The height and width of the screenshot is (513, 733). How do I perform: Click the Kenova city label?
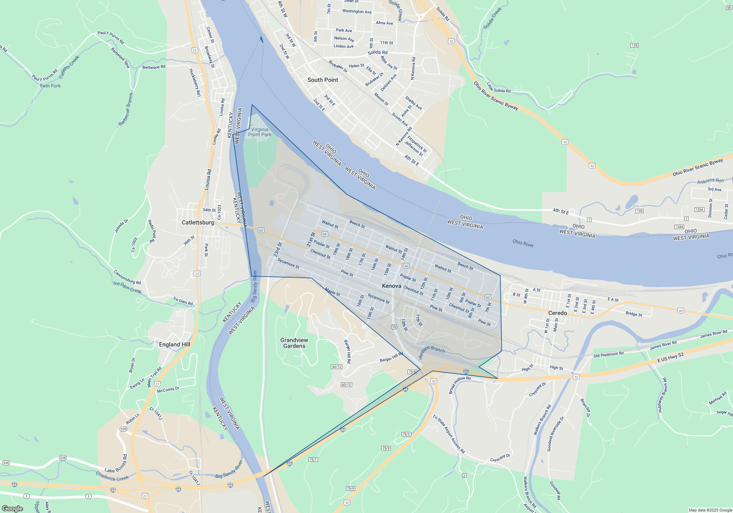click(391, 286)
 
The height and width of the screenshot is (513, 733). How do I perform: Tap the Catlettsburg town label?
click(198, 222)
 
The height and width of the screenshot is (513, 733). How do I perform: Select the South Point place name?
click(323, 80)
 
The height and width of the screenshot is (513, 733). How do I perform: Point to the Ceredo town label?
click(557, 313)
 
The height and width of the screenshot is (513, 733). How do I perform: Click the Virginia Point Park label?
click(260, 132)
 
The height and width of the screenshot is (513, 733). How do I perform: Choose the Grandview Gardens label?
click(294, 343)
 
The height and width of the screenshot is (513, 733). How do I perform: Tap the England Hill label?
click(174, 344)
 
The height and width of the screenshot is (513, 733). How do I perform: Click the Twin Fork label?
click(50, 86)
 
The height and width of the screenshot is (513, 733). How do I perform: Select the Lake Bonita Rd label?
click(116, 464)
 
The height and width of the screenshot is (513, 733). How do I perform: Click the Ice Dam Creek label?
click(127, 287)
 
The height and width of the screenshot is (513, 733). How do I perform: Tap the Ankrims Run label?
click(710, 181)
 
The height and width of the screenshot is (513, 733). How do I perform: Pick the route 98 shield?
click(729, 8)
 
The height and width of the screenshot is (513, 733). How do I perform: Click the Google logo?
click(12, 508)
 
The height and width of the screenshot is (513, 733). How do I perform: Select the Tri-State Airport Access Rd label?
click(449, 434)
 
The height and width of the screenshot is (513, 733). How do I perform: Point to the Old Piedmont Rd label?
click(608, 354)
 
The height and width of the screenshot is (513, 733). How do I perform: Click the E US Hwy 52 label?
click(670, 358)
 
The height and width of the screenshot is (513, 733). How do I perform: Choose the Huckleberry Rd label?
click(195, 82)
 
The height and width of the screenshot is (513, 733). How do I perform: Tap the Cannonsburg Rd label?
click(127, 277)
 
